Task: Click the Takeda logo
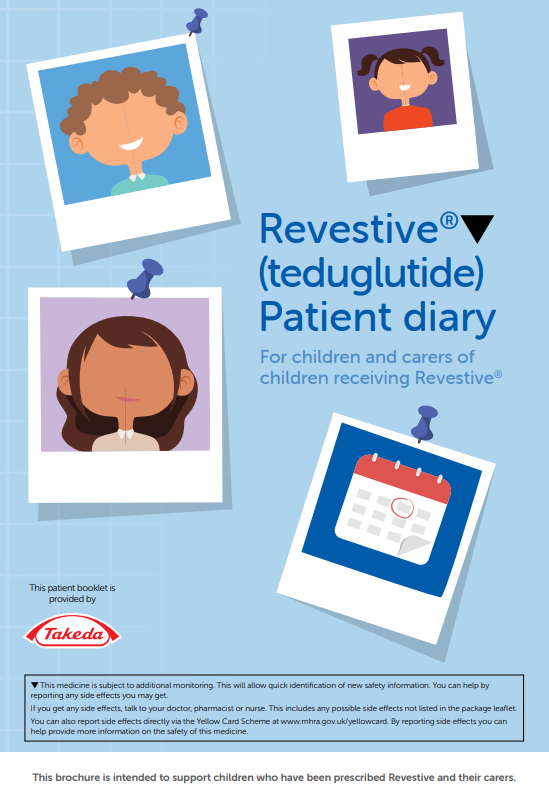pos(72,633)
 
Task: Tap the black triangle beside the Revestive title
pos(477,228)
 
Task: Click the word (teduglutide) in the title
pos(372,274)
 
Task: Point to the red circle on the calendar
pos(402,507)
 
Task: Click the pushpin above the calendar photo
pos(424,424)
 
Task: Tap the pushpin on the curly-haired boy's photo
pos(197,22)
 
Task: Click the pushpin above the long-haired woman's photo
pos(144,278)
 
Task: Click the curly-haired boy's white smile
pos(131,144)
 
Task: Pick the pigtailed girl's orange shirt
pos(407,119)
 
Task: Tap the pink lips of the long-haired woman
pos(128,399)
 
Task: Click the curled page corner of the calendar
pos(413,545)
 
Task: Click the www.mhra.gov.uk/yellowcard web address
pos(334,721)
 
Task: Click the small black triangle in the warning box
pos(35,685)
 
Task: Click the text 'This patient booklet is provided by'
pos(72,593)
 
